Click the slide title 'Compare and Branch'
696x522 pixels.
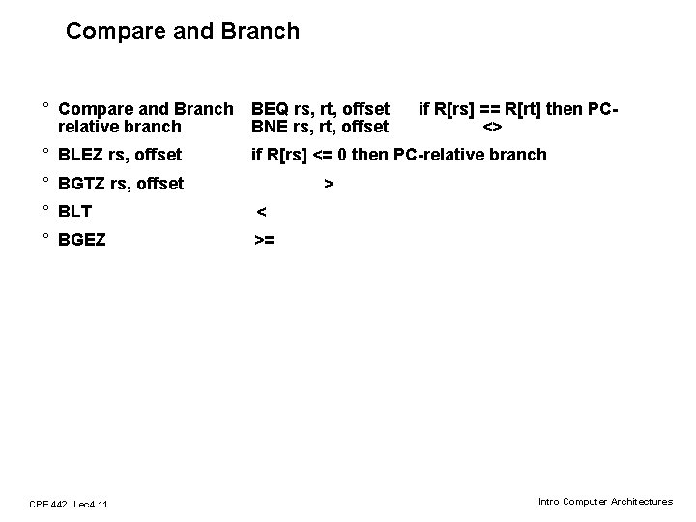183,31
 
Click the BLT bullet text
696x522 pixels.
75,212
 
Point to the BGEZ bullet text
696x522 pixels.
82,240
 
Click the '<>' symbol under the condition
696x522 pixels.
492,127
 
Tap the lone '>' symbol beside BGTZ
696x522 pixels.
329,184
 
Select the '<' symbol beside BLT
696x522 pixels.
261,212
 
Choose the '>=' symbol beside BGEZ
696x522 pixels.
264,240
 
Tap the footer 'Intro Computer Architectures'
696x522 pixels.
605,502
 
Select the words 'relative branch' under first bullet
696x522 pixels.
120,127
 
